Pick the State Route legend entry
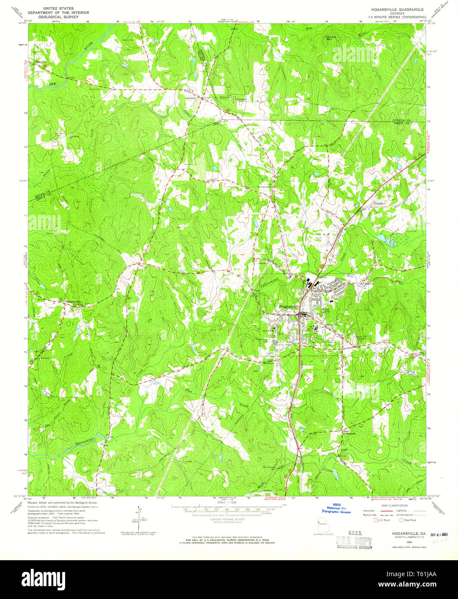click(408, 520)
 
